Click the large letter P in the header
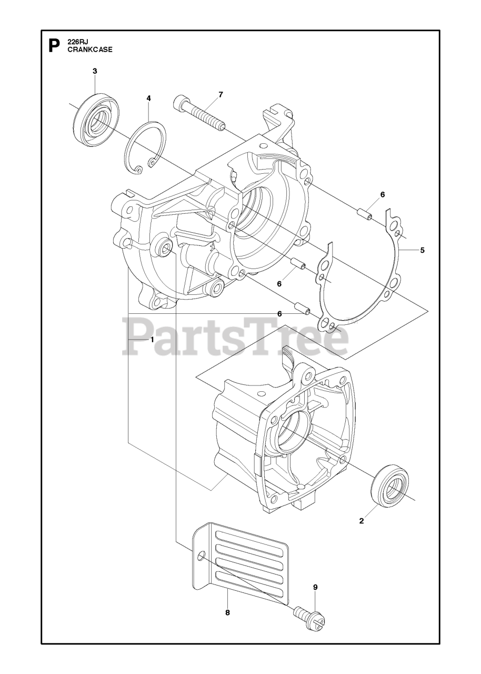[54, 46]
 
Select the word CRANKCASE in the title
[89, 50]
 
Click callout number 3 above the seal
[95, 71]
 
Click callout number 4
[148, 98]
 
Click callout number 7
[221, 94]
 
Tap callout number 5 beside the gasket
[422, 250]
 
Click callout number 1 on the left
[152, 340]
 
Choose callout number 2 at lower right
[361, 521]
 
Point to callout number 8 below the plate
[227, 612]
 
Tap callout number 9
[315, 587]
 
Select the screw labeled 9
[310, 617]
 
